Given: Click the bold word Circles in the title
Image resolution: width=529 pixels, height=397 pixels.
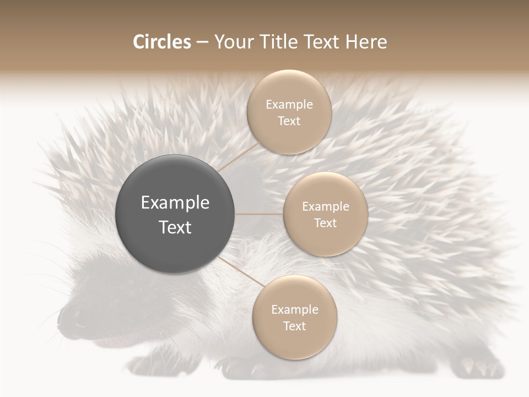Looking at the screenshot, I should [162, 42].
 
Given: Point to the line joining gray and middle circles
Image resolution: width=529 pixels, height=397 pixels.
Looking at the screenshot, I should [259, 214].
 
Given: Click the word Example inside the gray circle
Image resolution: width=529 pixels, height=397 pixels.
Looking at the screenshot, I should [175, 203].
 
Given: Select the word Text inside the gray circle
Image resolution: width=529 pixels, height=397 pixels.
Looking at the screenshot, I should [175, 227].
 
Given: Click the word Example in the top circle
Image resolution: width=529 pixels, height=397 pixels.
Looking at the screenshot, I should [289, 104].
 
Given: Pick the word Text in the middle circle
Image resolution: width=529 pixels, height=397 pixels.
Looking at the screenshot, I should [325, 223].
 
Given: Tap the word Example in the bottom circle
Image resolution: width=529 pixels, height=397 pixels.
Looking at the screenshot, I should [294, 309].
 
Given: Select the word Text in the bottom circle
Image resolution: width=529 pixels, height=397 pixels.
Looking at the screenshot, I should [294, 326].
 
